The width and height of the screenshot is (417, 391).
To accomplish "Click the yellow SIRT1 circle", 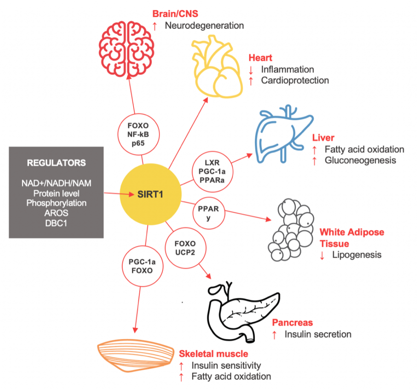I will pyautogui.click(x=150, y=194).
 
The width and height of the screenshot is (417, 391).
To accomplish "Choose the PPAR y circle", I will pyautogui.click(x=209, y=213).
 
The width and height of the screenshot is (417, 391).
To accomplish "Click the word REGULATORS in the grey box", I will pyautogui.click(x=56, y=163).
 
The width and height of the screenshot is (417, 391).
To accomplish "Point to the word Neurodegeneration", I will pyautogui.click(x=204, y=26).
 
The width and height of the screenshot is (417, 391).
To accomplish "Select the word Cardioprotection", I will pyautogui.click(x=295, y=80).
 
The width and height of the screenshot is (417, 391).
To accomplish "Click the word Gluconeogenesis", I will pyautogui.click(x=360, y=161).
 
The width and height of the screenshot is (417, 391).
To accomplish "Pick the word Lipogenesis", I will pyautogui.click(x=357, y=255).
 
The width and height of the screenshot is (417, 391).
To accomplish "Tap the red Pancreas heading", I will pyautogui.click(x=292, y=323).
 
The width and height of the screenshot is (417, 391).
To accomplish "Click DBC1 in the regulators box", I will pyautogui.click(x=56, y=222).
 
